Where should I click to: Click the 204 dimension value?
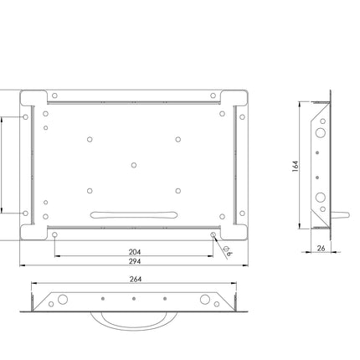[x=135, y=252]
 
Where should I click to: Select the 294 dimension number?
[x=135, y=261]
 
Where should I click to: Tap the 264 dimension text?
[x=136, y=279]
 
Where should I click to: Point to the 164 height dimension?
[x=296, y=166]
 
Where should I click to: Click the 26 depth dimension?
[x=321, y=248]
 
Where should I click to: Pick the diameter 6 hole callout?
[x=228, y=250]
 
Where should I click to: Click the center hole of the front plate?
[x=134, y=165]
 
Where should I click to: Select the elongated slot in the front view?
[x=134, y=215]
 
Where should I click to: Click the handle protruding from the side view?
[x=340, y=215]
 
